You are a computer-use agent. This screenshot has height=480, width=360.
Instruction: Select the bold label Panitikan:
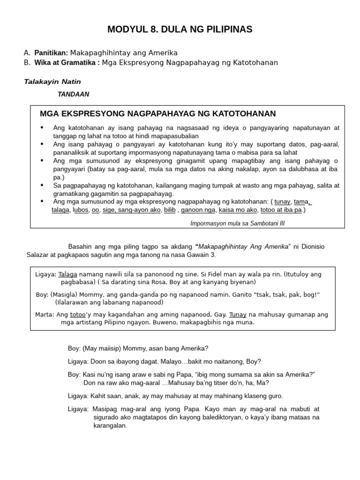(x=52, y=53)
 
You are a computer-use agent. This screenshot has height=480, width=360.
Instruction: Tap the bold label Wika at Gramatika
(x=65, y=62)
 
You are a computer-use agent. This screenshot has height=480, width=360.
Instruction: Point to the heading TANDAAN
(x=73, y=94)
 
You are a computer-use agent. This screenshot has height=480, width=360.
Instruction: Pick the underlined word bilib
(x=169, y=210)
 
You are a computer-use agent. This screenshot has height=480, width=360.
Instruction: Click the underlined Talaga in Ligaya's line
(x=67, y=274)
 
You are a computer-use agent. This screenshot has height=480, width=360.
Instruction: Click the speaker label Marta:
(x=45, y=315)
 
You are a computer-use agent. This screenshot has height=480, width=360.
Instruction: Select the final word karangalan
(x=110, y=426)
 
